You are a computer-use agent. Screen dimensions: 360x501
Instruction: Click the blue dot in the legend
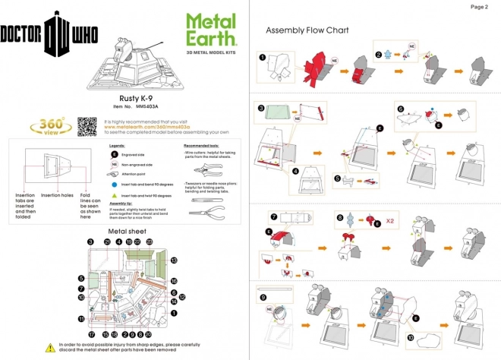pyautogui.click(x=114, y=184)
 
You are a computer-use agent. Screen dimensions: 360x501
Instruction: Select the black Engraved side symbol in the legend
pyautogui.click(x=114, y=154)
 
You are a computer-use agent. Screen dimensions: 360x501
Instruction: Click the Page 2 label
pyautogui.click(x=480, y=7)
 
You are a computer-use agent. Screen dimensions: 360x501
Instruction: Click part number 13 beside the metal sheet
pyautogui.click(x=174, y=261)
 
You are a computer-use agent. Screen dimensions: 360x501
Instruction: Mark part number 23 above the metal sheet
pyautogui.click(x=149, y=242)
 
